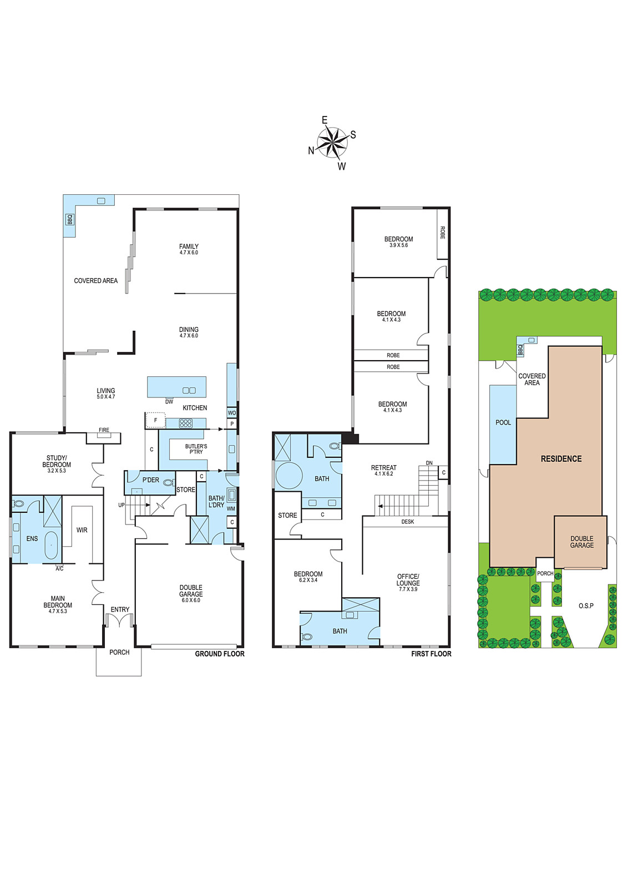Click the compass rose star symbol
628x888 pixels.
pos(332,143)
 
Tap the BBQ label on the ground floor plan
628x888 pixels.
pos(70,219)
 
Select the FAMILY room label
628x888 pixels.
pos(189,246)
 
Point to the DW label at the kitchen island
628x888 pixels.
pos(169,402)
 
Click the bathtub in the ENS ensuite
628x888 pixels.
pos(50,545)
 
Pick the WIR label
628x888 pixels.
pos(82,530)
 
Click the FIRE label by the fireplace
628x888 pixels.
pos(104,430)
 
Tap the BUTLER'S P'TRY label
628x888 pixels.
pos(196,449)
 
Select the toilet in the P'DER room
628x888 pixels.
pos(168,483)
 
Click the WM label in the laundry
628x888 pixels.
pos(231,508)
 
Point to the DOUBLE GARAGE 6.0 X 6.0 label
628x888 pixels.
pos(191,593)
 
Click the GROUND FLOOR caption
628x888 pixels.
pos(220,654)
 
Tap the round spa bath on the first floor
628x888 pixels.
pos(289,475)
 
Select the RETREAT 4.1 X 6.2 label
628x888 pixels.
pos(383,470)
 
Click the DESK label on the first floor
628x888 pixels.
pos(408,522)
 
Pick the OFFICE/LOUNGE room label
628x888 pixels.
pos(408,580)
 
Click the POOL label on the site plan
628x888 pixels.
pos(503,422)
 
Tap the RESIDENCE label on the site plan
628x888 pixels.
pos(561,458)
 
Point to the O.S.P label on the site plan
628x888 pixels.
pos(586,606)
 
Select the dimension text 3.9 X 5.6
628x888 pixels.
pos(398,245)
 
